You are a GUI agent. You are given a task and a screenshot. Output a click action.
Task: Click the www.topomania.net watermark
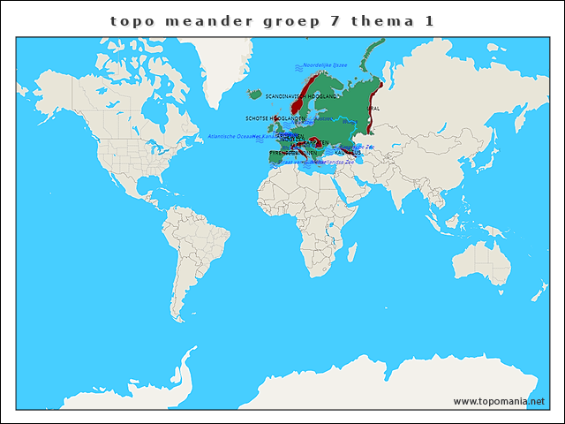tap(499, 401)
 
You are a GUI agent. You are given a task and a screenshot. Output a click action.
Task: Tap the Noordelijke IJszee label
tap(325, 65)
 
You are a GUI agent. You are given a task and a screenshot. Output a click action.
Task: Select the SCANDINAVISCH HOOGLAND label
tap(301, 95)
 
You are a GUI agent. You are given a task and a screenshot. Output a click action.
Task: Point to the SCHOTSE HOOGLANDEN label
tap(275, 117)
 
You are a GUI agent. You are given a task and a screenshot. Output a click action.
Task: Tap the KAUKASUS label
tap(348, 153)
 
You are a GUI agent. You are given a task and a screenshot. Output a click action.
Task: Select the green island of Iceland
tap(255, 94)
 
